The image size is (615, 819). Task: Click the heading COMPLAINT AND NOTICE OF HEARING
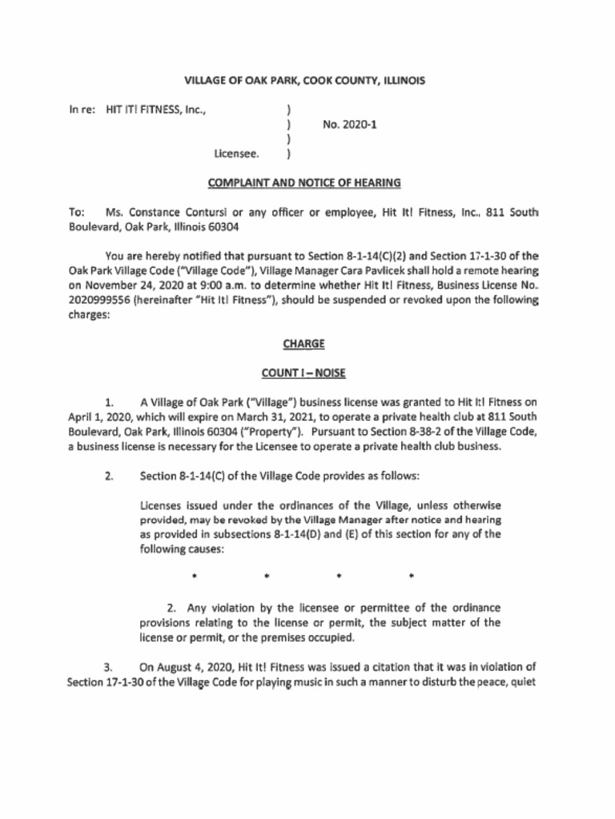tap(303, 183)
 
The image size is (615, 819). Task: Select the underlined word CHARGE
tap(303, 343)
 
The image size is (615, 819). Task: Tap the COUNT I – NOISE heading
tap(303, 373)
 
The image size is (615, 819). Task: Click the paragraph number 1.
tap(108, 402)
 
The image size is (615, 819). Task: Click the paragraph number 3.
tap(108, 665)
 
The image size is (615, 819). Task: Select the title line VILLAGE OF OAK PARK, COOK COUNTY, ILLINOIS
tap(304, 81)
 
